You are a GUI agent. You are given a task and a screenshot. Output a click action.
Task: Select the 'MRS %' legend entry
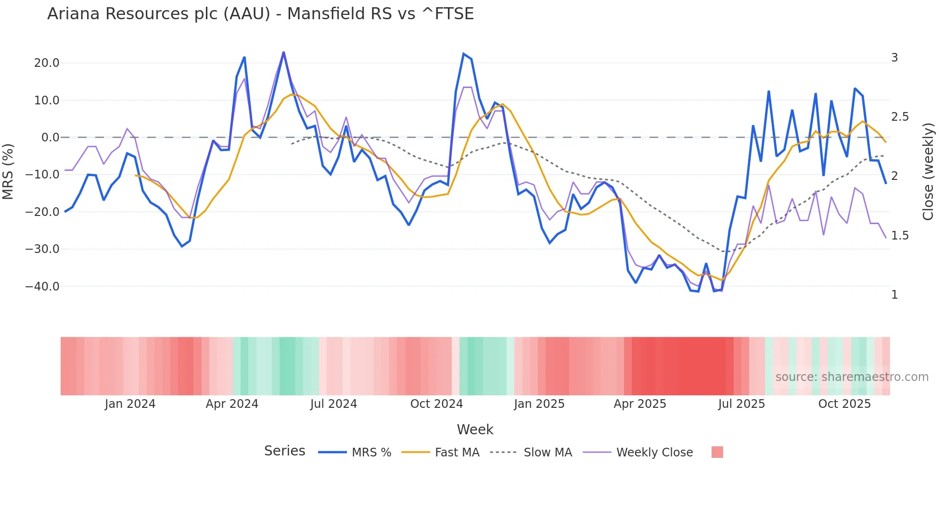click(x=371, y=453)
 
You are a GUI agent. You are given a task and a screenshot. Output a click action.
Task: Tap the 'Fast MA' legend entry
click(x=457, y=453)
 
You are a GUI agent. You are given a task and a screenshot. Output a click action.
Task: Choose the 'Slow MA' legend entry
click(x=548, y=453)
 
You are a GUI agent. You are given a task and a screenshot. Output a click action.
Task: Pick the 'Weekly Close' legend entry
click(x=654, y=453)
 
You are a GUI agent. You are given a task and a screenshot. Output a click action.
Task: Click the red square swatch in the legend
click(x=717, y=452)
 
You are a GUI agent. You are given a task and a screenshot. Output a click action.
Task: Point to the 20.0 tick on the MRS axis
click(x=47, y=63)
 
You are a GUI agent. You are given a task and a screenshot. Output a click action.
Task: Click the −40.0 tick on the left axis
click(x=42, y=287)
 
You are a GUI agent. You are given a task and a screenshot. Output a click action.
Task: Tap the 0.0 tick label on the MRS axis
click(x=50, y=138)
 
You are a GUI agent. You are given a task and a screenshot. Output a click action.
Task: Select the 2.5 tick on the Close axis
click(x=900, y=117)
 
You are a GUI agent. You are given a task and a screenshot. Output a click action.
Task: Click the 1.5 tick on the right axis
click(x=900, y=236)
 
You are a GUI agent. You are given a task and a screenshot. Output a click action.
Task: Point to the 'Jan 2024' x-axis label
click(x=130, y=404)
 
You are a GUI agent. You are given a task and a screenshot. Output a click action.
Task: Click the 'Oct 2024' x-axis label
click(x=436, y=404)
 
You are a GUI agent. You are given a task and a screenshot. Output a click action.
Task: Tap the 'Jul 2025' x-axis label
click(x=741, y=404)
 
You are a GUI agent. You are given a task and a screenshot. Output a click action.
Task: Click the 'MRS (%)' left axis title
click(x=8, y=171)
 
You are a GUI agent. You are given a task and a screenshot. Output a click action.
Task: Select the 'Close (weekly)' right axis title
click(x=928, y=172)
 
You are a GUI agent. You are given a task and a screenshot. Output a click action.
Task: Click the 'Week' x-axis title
click(x=475, y=429)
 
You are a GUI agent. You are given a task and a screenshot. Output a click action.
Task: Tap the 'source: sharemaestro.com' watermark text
click(x=852, y=377)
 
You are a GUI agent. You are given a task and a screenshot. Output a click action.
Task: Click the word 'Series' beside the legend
click(x=284, y=451)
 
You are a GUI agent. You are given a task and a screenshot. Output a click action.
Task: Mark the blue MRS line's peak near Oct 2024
click(x=463, y=54)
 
